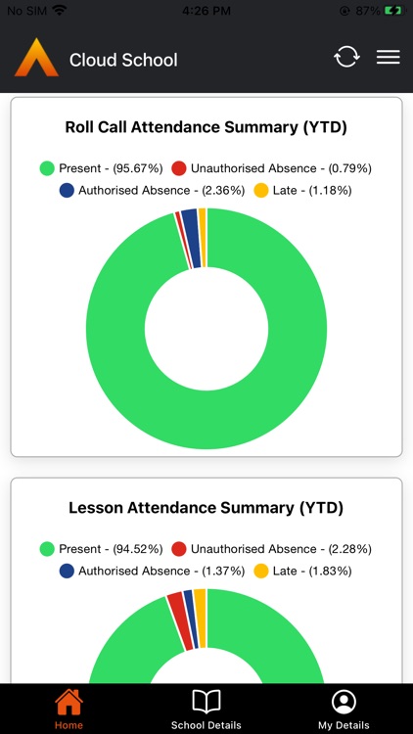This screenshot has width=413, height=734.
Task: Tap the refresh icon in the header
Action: [x=346, y=57]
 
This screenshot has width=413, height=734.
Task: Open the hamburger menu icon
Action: [x=389, y=57]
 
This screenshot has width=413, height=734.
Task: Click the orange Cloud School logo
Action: [x=36, y=58]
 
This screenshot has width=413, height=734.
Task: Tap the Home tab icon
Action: [x=69, y=702]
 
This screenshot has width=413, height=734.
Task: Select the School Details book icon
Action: [x=206, y=702]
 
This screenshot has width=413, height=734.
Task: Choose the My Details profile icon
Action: [x=344, y=702]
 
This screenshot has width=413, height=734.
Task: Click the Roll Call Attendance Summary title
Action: [x=206, y=127]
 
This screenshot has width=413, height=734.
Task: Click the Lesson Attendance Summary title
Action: [x=206, y=508]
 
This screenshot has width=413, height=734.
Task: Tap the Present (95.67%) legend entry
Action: [x=101, y=168]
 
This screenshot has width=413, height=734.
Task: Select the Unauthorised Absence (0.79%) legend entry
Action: [x=271, y=168]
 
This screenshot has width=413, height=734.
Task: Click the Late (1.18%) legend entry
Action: [x=302, y=190]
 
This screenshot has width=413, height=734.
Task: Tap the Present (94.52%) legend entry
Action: [x=101, y=549]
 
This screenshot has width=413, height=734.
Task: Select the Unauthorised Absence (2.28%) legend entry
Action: [x=271, y=549]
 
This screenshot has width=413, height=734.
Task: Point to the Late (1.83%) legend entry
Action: [x=302, y=571]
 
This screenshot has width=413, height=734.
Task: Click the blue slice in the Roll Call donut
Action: [x=191, y=224]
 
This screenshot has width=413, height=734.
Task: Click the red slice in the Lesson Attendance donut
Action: [x=176, y=607]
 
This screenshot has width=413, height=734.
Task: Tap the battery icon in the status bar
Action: [x=392, y=10]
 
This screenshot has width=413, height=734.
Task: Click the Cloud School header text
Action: [x=123, y=60]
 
